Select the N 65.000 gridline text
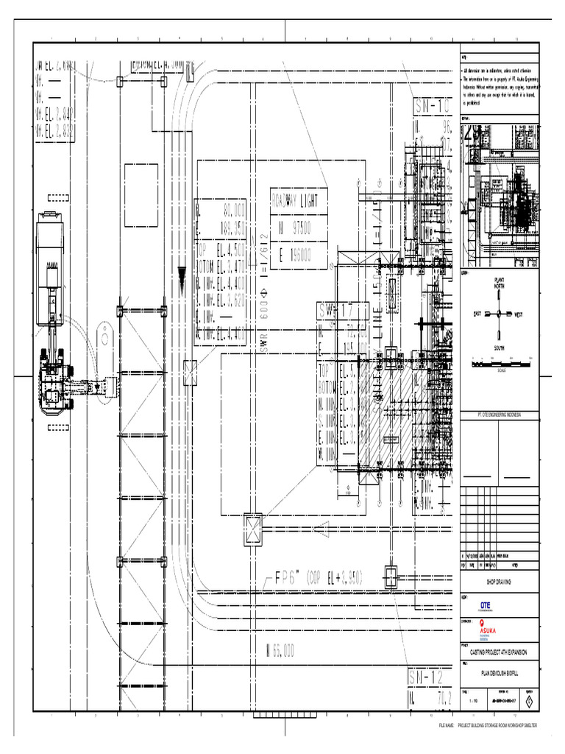tap(280, 649)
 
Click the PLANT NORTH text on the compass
tap(500, 283)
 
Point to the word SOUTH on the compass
tap(500, 347)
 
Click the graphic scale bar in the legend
tap(500, 364)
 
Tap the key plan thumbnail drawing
tap(500, 195)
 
